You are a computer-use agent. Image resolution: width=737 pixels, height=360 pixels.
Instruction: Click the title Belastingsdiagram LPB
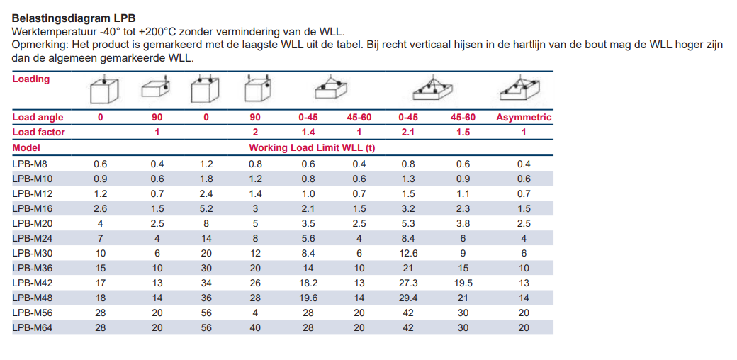pyautogui.click(x=74, y=18)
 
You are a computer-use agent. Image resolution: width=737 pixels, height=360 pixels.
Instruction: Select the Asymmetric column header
pyautogui.click(x=524, y=117)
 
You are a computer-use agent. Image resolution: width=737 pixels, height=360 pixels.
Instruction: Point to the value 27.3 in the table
pyautogui.click(x=408, y=283)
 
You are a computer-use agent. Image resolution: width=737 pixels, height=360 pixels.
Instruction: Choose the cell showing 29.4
pyautogui.click(x=408, y=298)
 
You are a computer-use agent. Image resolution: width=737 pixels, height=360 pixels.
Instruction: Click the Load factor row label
pyautogui.click(x=38, y=132)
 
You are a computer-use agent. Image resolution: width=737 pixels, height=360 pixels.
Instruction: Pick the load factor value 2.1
pyautogui.click(x=408, y=132)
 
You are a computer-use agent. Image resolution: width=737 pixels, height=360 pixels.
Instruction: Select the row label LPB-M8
pyautogui.click(x=30, y=164)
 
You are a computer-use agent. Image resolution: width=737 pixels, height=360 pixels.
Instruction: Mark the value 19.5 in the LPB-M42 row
pyautogui.click(x=463, y=283)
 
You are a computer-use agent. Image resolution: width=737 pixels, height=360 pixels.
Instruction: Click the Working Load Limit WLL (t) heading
pyautogui.click(x=312, y=147)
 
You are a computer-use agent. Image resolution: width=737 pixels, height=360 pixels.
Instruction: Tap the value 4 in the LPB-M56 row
pyautogui.click(x=255, y=313)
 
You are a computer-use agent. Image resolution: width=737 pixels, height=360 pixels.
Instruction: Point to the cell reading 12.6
pyautogui.click(x=408, y=253)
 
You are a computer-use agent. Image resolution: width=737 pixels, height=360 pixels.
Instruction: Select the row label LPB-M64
pyautogui.click(x=32, y=328)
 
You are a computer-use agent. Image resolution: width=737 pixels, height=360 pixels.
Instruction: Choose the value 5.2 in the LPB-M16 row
pyautogui.click(x=206, y=208)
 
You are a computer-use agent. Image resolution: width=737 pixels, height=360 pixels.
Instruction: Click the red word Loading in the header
pyautogui.click(x=31, y=79)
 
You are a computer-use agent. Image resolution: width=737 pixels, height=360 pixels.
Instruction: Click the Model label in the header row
pyautogui.click(x=26, y=147)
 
